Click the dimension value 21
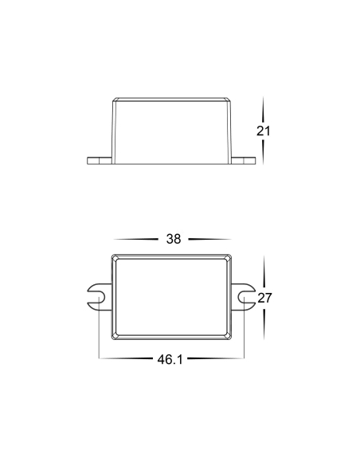[x=264, y=131]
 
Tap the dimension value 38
[x=174, y=239]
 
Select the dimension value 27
[x=264, y=298]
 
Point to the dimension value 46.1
[x=170, y=359]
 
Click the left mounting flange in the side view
[x=100, y=160]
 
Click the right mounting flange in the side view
[x=243, y=160]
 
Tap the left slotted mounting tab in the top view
[x=100, y=297]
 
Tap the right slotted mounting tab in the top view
[x=243, y=297]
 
